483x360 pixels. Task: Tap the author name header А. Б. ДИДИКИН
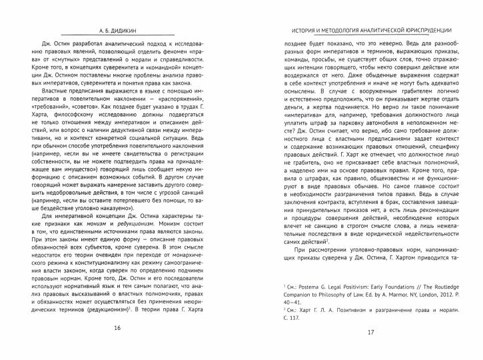(x=117, y=31)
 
